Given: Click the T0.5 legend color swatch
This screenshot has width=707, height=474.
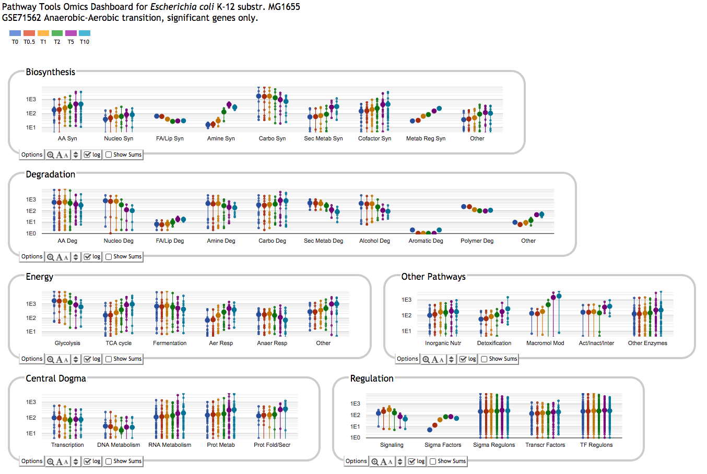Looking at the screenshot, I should tap(29, 33).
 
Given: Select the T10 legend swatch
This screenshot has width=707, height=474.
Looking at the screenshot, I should tap(85, 33).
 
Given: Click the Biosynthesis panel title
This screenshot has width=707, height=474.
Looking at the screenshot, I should tap(51, 72).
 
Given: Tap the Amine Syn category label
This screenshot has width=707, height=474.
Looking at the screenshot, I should tap(221, 138).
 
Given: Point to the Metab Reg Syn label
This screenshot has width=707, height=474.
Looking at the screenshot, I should tap(426, 138).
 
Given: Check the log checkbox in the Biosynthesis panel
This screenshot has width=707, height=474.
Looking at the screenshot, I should tap(88, 155).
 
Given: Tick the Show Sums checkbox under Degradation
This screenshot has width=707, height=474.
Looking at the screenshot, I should tap(109, 256).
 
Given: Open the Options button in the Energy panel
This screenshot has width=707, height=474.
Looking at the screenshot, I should tap(32, 359).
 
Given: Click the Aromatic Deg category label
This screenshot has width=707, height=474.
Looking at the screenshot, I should tap(426, 241).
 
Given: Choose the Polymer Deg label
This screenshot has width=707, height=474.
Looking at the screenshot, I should tap(477, 241).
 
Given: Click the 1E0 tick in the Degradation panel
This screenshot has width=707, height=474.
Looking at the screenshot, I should tap(31, 233).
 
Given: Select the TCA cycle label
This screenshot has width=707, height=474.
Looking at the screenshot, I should tap(119, 343).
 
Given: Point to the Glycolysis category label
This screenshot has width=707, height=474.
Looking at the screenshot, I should tap(67, 343).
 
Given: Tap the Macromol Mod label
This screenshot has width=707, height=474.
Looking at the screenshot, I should tap(545, 343).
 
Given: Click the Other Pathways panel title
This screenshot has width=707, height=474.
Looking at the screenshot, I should tap(433, 277).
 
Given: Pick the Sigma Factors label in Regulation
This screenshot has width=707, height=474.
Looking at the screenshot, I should tap(443, 445).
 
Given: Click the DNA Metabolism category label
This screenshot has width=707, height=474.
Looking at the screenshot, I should tap(119, 445).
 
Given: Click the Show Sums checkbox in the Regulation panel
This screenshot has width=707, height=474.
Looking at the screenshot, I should tap(433, 461).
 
